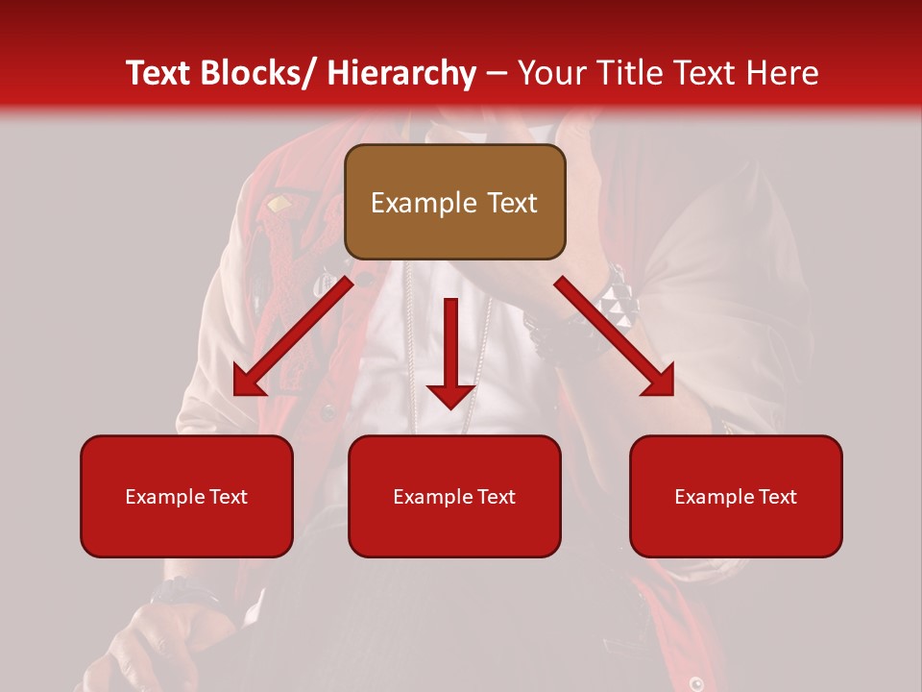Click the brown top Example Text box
coord(454,202)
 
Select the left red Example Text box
coord(186,496)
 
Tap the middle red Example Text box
coord(454,496)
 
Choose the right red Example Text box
coord(736,496)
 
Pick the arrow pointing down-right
coord(615,334)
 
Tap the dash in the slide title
coord(497,73)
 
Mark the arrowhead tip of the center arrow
coord(450,406)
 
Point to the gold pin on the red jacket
coord(279,204)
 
